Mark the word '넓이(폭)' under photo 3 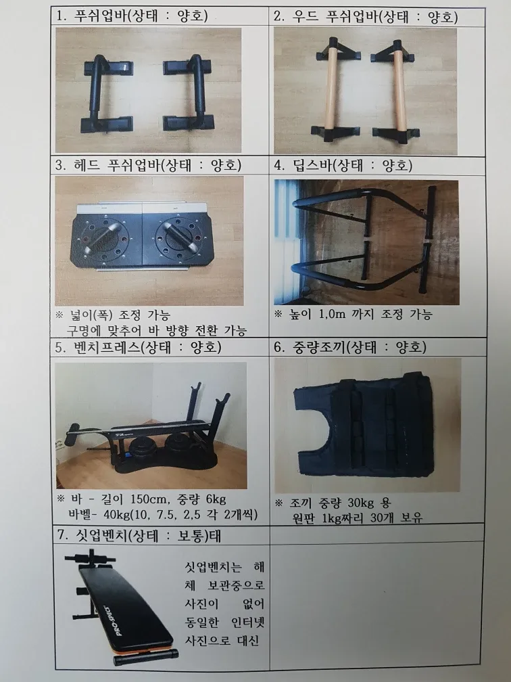(x=89, y=315)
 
